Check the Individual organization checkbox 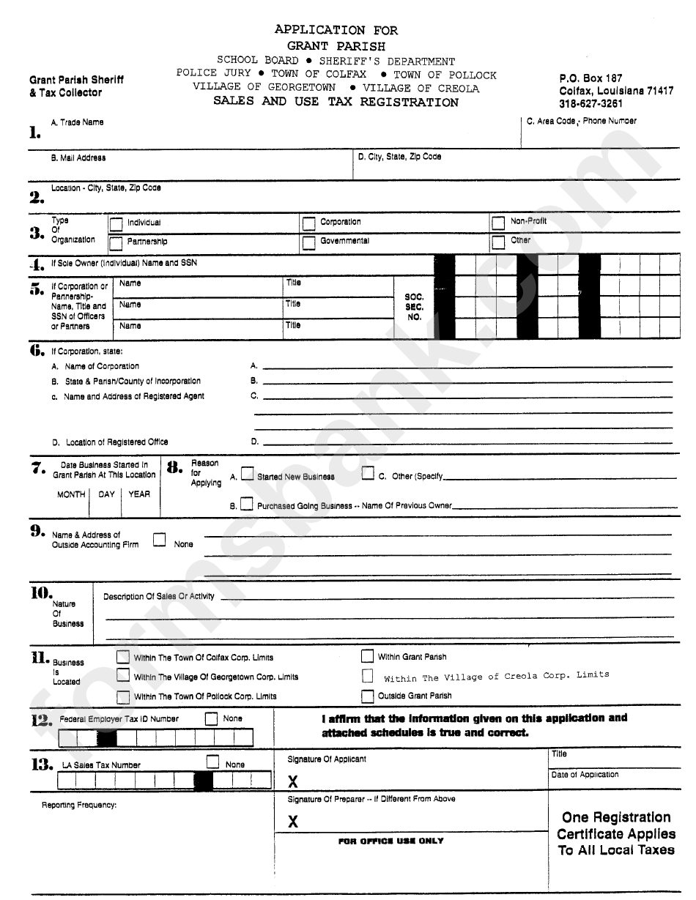[116, 223]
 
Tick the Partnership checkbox [116, 242]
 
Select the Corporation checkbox [308, 223]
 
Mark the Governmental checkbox [308, 242]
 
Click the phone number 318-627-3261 [591, 104]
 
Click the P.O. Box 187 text [591, 78]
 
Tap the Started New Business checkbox [248, 475]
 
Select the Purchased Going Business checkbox [247, 504]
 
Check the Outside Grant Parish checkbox [367, 696]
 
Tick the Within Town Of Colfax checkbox [123, 657]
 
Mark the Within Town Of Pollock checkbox [123, 696]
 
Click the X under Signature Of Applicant [293, 782]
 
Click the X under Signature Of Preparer [293, 821]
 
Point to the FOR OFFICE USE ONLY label [390, 841]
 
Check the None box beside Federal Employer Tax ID [212, 719]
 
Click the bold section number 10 [40, 592]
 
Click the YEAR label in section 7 [139, 494]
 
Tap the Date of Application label [585, 774]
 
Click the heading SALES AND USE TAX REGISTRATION [336, 102]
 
